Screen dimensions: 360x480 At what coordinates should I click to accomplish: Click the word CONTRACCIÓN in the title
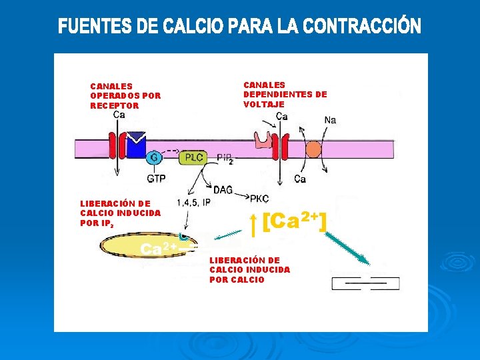click(x=362, y=27)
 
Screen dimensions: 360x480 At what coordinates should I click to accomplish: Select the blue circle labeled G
click(x=153, y=158)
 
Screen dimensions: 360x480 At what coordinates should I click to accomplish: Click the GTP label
click(x=156, y=179)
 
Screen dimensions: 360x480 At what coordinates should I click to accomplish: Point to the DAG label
click(x=223, y=190)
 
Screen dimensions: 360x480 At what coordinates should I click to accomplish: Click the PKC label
click(x=259, y=198)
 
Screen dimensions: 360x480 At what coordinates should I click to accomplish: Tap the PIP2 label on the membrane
click(x=225, y=158)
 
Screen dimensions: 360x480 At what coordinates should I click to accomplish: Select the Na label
click(x=330, y=120)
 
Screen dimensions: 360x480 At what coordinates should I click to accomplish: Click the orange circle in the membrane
click(x=313, y=149)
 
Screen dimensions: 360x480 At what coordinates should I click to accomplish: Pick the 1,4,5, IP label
click(x=193, y=202)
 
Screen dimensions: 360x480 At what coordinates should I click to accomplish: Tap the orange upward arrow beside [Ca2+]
click(x=253, y=225)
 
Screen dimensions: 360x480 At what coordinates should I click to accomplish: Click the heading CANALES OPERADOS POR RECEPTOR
click(x=125, y=95)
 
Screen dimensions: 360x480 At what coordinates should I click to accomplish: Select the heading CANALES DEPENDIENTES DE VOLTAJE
click(x=285, y=94)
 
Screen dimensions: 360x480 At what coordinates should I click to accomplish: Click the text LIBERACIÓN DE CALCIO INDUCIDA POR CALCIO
click(x=249, y=269)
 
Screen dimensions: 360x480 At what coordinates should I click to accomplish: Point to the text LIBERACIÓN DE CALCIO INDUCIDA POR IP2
click(x=120, y=213)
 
